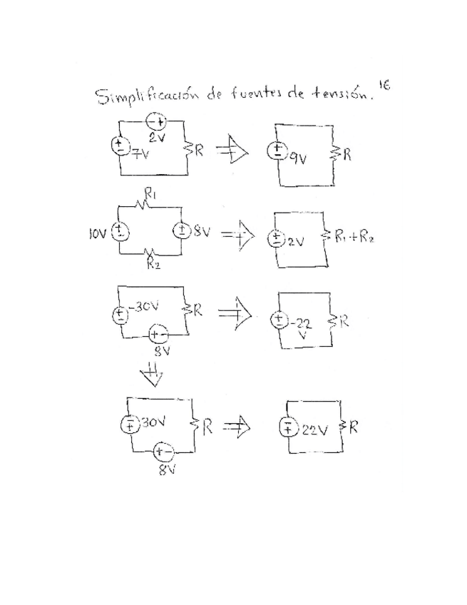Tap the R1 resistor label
point(152,193)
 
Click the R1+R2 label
point(354,238)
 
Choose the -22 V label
point(302,327)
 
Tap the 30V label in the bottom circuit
point(153,422)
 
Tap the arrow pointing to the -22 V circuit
point(232,312)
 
